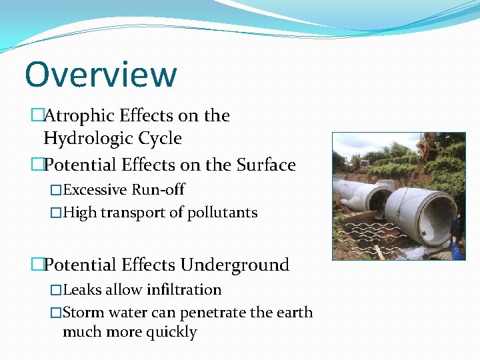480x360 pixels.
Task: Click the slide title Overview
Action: [101, 75]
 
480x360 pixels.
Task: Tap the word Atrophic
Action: [79, 116]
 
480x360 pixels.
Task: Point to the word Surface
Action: [263, 164]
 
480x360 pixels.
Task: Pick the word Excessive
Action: [95, 190]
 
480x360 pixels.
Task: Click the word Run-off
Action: [158, 190]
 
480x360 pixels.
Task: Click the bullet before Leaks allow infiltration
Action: [56, 290]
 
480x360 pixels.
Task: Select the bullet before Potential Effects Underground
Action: [37, 265]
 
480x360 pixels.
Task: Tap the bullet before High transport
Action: [56, 213]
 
